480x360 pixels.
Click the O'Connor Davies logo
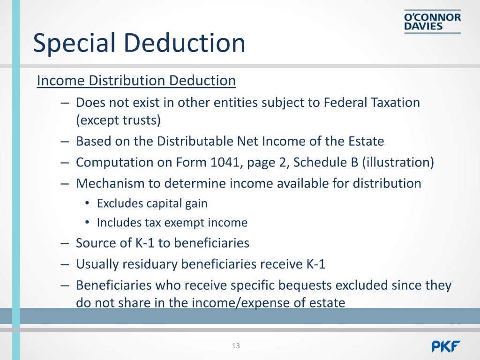(x=432, y=22)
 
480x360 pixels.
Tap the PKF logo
(x=446, y=346)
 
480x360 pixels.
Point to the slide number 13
(x=235, y=346)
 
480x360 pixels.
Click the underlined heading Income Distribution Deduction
(x=136, y=81)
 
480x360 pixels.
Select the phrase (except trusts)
(x=118, y=120)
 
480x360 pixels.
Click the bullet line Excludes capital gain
(x=152, y=203)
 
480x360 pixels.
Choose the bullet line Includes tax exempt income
(x=172, y=223)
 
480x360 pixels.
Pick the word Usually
(x=97, y=264)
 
